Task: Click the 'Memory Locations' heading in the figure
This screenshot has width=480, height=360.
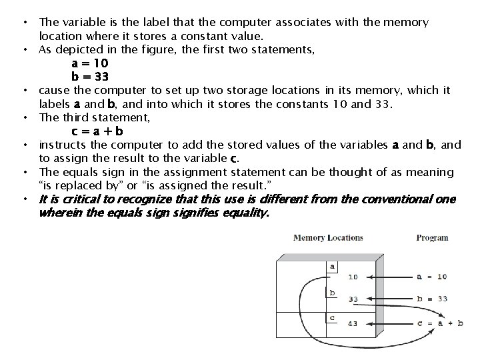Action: point(328,237)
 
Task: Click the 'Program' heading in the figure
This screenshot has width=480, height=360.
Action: point(432,237)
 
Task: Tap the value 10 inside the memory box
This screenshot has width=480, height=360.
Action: point(353,277)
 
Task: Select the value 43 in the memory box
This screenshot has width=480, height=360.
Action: point(353,324)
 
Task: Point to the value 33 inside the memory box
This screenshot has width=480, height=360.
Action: point(353,299)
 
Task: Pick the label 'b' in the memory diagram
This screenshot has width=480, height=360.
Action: point(332,292)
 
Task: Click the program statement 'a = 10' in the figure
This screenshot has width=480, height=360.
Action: point(431,277)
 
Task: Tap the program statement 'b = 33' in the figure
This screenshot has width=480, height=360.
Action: point(431,299)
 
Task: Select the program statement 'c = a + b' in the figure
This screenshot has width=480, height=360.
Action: point(439,323)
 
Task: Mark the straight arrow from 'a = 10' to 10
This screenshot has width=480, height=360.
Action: point(387,277)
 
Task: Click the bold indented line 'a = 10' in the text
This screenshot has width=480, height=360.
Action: point(90,63)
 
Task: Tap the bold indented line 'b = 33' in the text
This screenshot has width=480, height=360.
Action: point(90,76)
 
